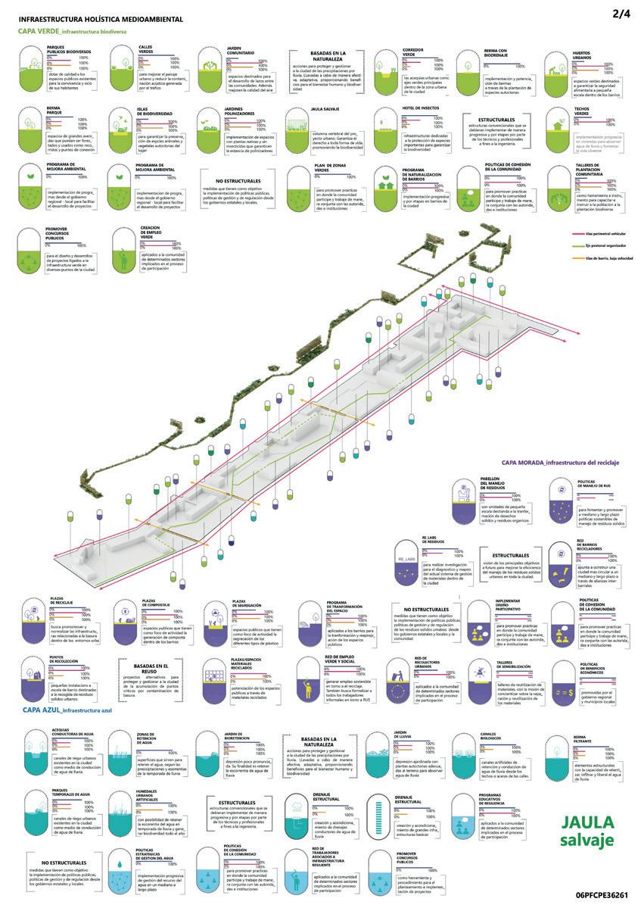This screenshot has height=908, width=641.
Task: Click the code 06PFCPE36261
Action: coord(601,894)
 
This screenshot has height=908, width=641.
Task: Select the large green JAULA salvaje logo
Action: coord(587,831)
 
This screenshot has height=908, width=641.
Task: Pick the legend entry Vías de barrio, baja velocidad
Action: coord(593,259)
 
